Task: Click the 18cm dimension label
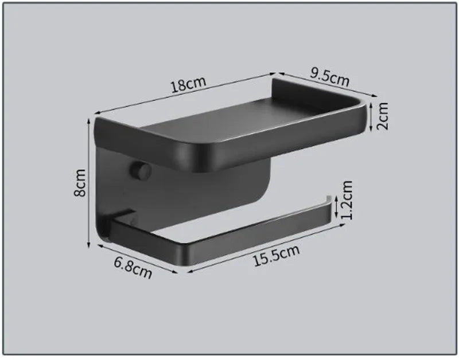(188, 84)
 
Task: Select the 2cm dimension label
(383, 116)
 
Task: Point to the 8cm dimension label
(80, 182)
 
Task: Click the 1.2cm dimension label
(345, 200)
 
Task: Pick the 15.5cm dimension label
(277, 256)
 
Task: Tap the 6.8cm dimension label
(133, 267)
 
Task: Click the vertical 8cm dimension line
(90, 183)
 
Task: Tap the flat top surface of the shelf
(241, 123)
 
